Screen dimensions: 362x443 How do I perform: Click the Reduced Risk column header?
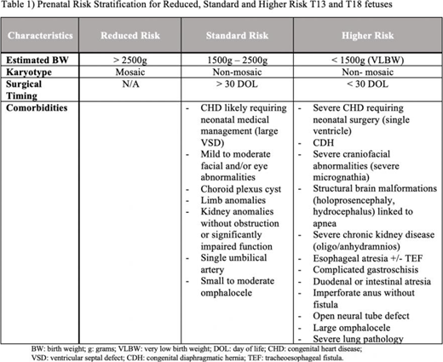128,37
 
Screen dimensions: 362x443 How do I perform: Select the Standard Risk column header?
235,37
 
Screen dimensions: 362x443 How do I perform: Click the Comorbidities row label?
43,109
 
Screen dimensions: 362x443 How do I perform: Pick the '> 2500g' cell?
128,62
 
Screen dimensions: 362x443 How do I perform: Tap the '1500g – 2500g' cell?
235,62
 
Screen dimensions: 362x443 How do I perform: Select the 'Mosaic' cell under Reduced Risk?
128,74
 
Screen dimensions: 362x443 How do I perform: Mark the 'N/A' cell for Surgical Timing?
128,86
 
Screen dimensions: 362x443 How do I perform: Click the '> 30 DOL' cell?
235,86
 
